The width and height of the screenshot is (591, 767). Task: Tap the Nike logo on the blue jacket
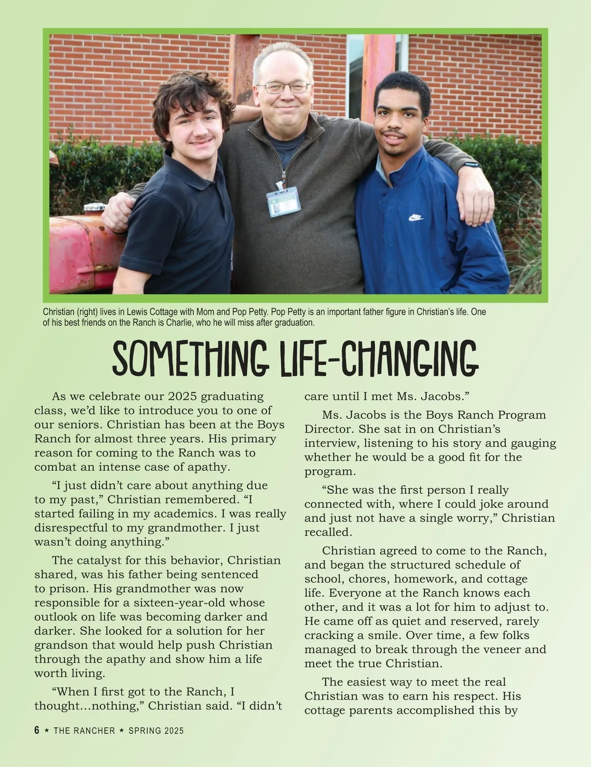[x=416, y=217]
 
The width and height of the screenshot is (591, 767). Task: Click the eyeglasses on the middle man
[x=284, y=88]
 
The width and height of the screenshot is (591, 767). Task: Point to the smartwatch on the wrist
[x=472, y=165]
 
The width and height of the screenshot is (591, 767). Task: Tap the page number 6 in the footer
[x=36, y=730]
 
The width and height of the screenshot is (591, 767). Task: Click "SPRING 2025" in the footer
[x=156, y=731]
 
